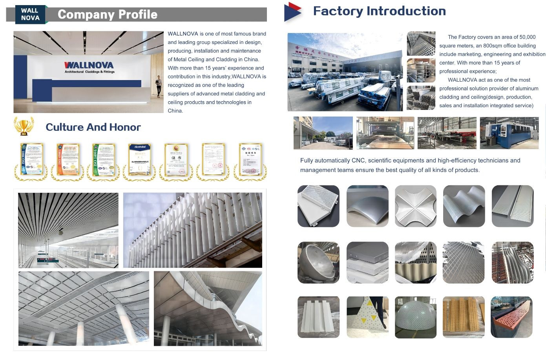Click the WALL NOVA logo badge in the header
[31, 15]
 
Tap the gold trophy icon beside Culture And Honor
[24, 126]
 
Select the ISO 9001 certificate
[31, 160]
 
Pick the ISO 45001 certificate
[67, 160]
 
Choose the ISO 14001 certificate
[104, 160]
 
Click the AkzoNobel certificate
[139, 160]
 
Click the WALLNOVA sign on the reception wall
[89, 65]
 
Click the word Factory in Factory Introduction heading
[338, 11]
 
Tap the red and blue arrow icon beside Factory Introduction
[293, 12]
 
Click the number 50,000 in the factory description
[527, 37]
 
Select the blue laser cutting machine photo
[509, 133]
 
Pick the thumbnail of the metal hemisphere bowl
[318, 263]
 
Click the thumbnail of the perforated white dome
[415, 317]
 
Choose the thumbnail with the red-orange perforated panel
[511, 317]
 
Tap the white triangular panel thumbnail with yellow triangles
[367, 317]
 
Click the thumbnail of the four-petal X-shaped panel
[415, 206]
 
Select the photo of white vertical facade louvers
[192, 230]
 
